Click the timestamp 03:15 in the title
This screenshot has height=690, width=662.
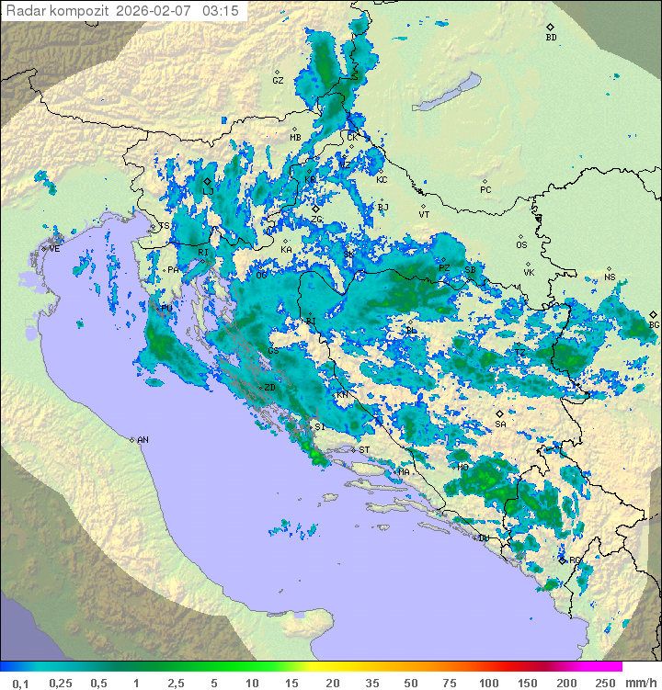coord(221,11)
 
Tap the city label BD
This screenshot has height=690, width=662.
coord(551,37)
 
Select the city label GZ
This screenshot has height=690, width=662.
coord(278,80)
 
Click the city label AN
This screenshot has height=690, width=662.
coord(143,440)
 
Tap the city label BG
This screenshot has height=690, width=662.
coord(654,324)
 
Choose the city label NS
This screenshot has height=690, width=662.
coord(610,277)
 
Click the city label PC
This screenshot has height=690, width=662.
coord(485,189)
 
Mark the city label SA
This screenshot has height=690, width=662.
coord(500,424)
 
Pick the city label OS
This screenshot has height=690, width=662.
coord(521,245)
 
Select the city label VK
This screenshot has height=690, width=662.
coord(529,272)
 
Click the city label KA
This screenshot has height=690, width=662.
coord(286,249)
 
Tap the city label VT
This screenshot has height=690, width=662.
coord(424,214)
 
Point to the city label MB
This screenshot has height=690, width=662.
coord(295,138)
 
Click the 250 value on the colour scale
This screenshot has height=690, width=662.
coord(604,683)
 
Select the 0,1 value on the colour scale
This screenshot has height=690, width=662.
coord(20,683)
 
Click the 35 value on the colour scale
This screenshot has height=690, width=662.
coord(372,683)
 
